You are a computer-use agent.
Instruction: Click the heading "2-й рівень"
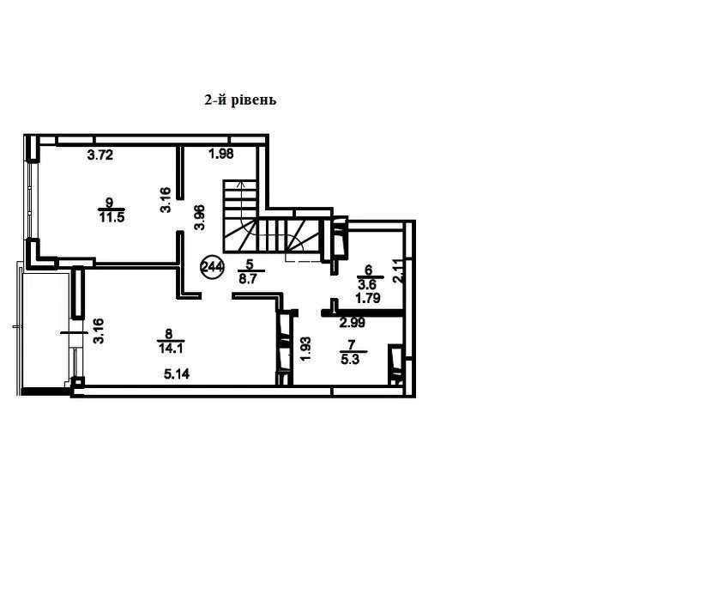pos(240,100)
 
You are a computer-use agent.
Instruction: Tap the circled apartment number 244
pos(212,267)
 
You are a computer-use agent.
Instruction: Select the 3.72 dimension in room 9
pos(100,155)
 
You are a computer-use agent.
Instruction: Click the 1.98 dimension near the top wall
pos(221,155)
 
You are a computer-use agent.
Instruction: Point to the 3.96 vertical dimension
pos(200,218)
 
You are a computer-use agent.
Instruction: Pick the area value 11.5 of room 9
pos(112,217)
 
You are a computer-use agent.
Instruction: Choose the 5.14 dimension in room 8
pos(177,374)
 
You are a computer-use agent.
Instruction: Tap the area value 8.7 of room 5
pos(248,279)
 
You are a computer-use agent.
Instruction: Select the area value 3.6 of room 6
pos(367,285)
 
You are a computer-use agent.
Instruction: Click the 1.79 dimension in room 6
pos(368,299)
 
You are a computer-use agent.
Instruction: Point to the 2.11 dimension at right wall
pos(398,271)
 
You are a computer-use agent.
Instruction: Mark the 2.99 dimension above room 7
pos(353,323)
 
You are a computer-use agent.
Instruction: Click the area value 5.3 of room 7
pos(350,360)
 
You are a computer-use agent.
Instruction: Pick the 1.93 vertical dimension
pos(306,349)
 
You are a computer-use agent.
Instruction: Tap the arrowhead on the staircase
pos(241,183)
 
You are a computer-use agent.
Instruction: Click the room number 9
pos(110,203)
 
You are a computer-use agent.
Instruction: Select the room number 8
pos(169,335)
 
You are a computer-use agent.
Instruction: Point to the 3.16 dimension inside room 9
pos(166,200)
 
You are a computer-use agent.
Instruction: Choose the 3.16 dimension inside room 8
pos(99,331)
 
